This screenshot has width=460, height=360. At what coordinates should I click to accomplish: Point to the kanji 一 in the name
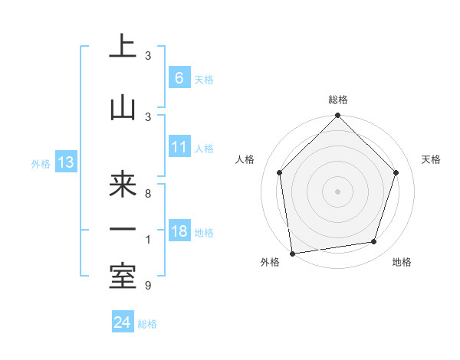123,230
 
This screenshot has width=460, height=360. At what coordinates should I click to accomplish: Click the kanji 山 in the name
123,108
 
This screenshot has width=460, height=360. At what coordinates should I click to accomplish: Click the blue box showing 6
179,77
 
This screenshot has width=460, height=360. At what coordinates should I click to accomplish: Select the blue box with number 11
179,147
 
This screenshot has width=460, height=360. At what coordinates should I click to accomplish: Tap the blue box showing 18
179,231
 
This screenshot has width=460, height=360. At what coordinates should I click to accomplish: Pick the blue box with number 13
65,162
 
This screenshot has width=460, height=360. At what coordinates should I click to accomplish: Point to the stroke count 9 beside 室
148,286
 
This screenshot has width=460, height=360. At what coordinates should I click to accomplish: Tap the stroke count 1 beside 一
148,240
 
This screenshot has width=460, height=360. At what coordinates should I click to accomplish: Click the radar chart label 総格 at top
338,100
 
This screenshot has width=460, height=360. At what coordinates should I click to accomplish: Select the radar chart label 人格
245,159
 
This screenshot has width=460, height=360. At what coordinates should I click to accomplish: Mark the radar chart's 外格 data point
292,253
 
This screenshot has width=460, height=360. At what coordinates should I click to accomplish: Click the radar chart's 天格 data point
396,172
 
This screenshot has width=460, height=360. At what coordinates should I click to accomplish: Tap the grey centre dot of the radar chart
338,191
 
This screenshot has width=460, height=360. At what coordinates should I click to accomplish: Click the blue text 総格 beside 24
147,324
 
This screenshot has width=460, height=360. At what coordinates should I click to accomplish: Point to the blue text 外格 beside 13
40,163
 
